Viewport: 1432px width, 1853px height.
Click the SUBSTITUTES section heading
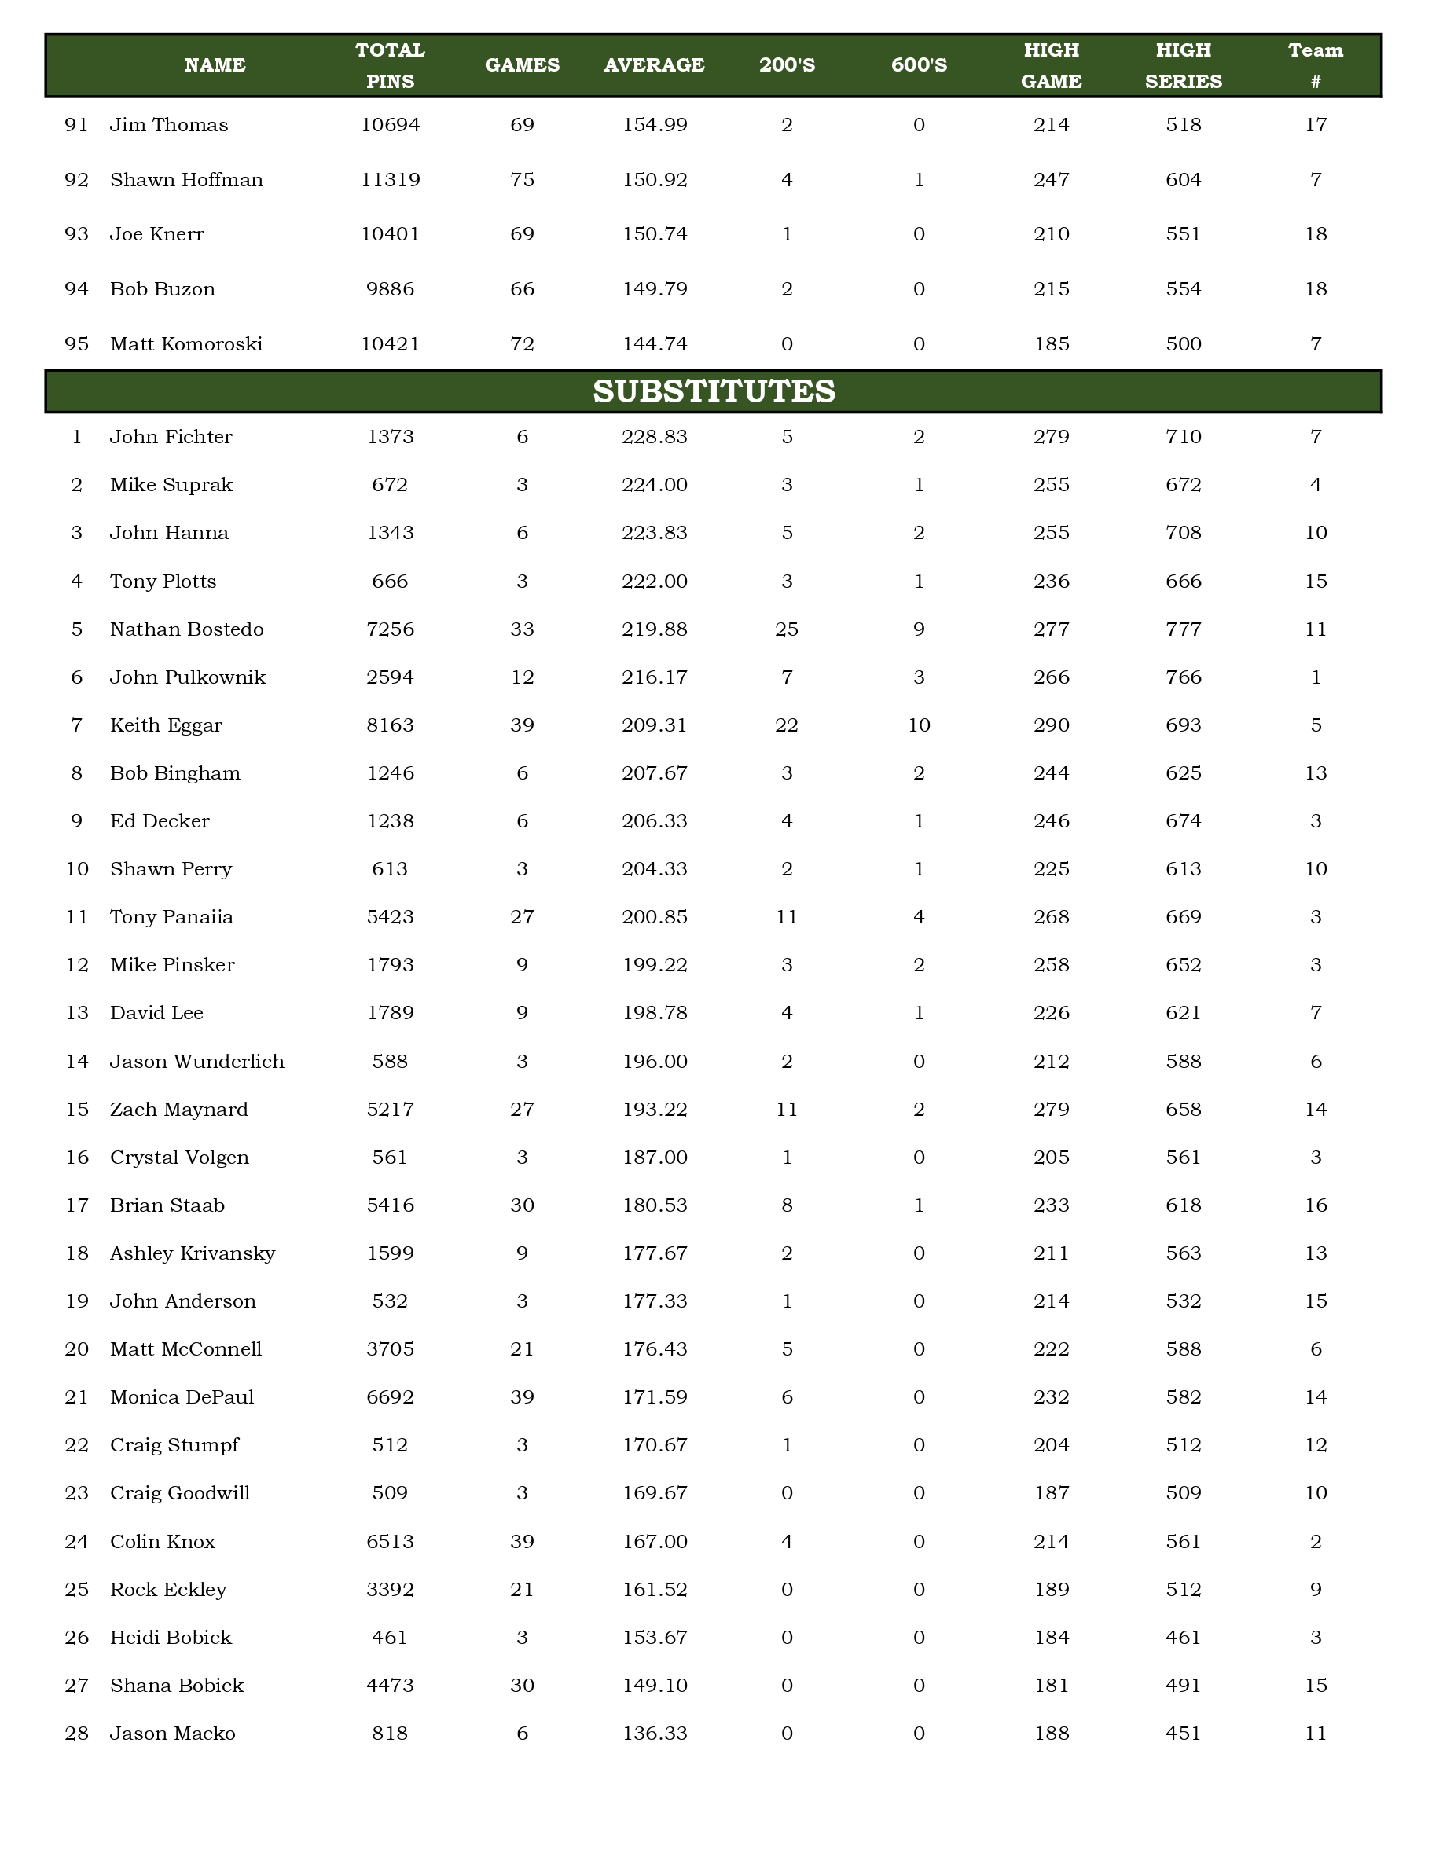coord(714,391)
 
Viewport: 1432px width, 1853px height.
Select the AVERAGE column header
coord(654,65)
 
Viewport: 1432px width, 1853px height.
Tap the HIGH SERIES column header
coord(1183,65)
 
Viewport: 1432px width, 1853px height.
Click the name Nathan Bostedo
coord(186,629)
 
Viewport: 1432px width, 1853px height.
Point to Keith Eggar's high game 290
coord(1051,725)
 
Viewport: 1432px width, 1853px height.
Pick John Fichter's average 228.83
coord(654,437)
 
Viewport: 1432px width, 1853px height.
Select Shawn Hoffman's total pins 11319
coord(391,180)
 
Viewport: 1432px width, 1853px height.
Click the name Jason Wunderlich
coord(196,1062)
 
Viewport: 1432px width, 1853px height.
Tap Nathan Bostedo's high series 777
coord(1183,629)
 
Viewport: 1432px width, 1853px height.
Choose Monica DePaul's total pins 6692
coord(391,1397)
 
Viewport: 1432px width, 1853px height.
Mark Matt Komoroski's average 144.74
coord(654,344)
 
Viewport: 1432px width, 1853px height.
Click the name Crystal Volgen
coord(179,1158)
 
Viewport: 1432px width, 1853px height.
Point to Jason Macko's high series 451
coord(1183,1734)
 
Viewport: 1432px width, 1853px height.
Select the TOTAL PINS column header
coord(391,65)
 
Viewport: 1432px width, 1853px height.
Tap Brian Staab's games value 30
coord(522,1205)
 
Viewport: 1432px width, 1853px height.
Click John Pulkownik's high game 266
coord(1051,677)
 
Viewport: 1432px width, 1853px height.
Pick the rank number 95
coord(76,344)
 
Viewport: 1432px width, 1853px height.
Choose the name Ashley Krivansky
coord(193,1253)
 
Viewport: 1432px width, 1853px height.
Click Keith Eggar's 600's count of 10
coord(919,725)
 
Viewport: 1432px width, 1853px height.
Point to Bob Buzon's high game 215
coord(1051,289)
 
